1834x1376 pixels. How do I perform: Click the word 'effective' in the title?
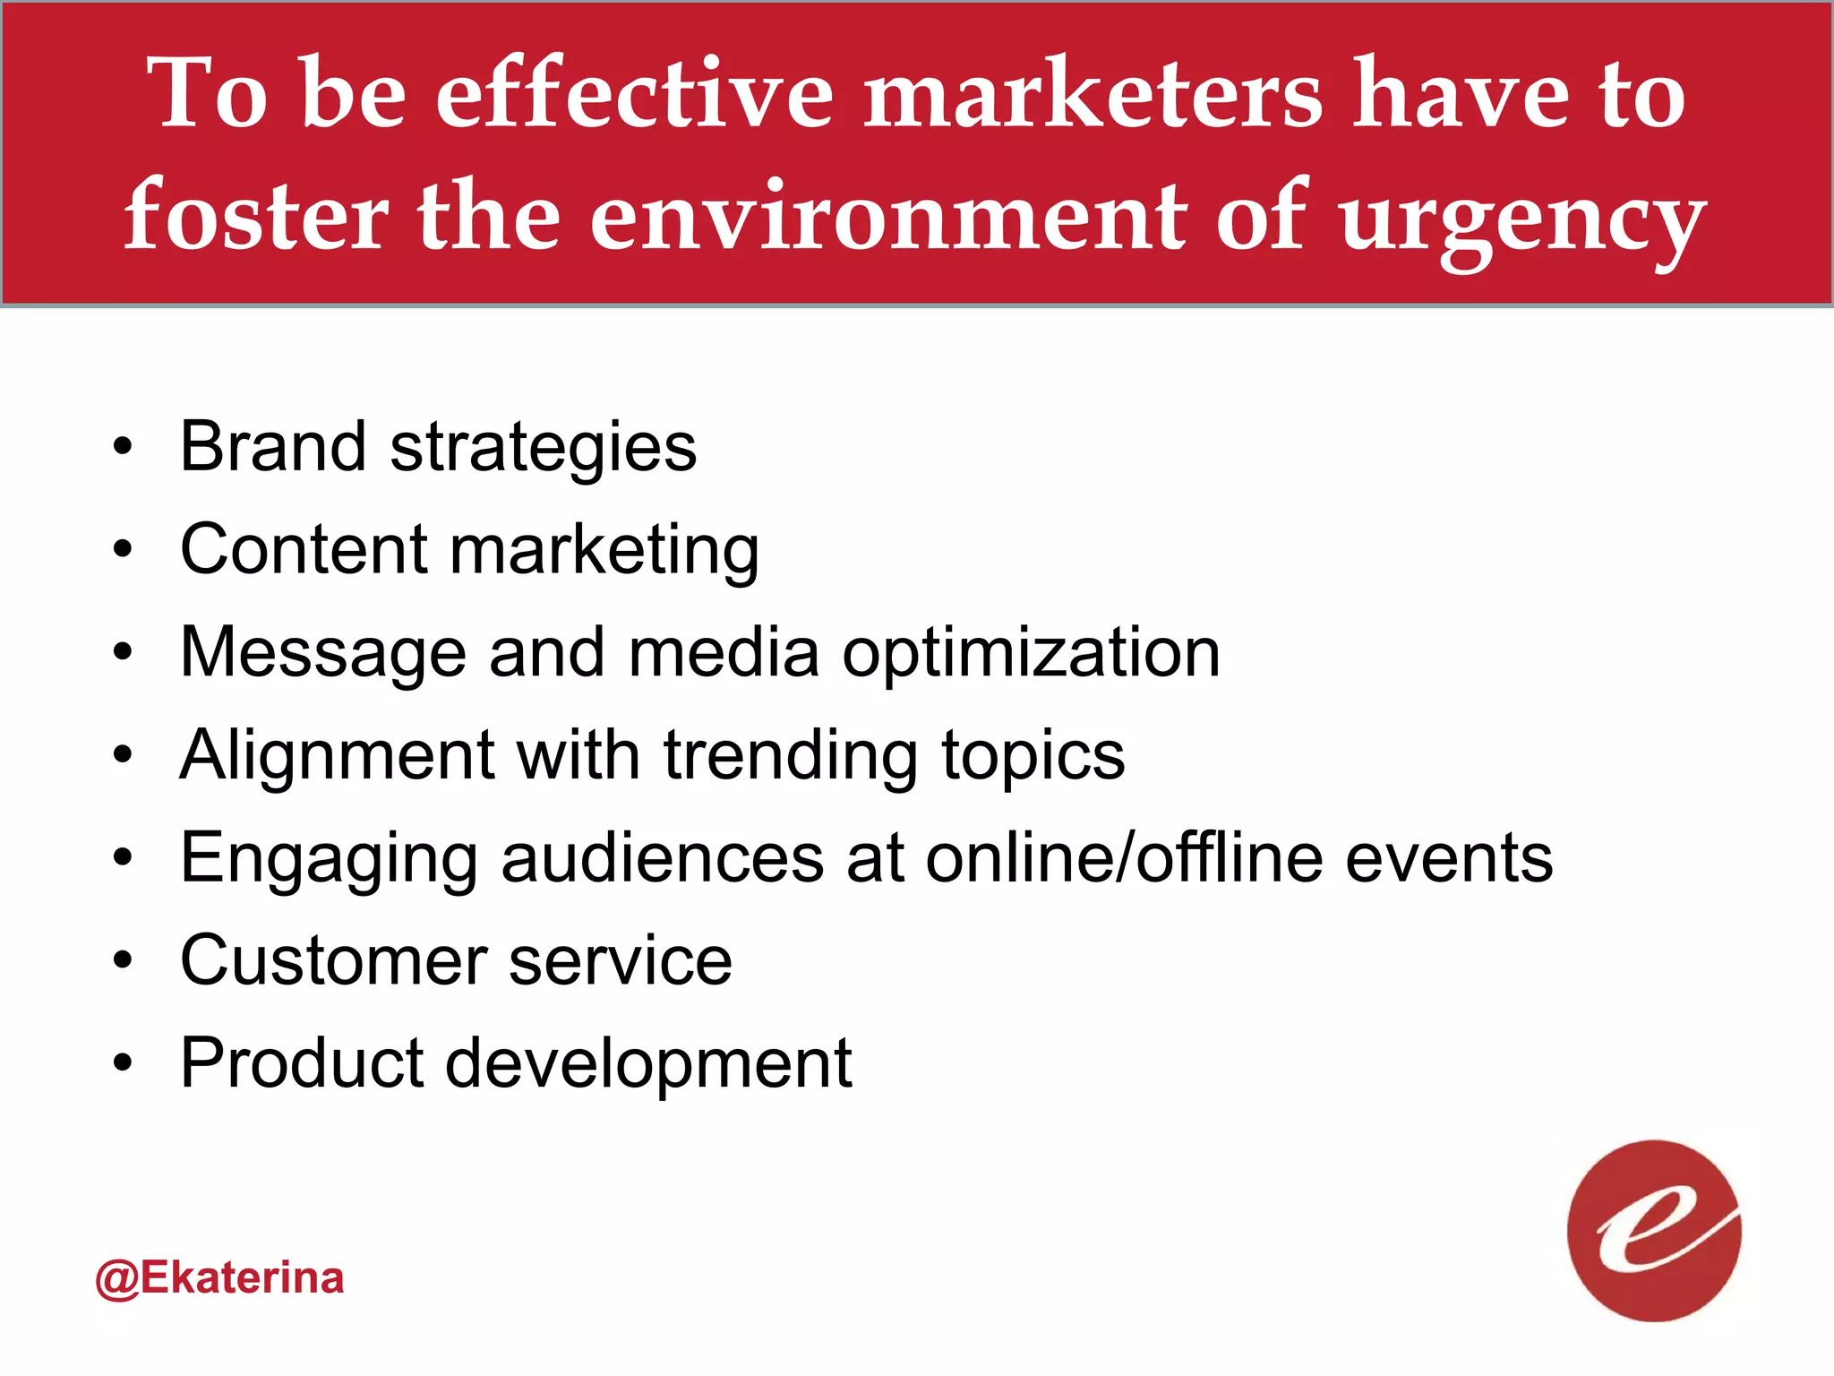(634, 93)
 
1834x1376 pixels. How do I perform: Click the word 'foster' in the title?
(256, 216)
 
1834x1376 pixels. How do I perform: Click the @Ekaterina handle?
(219, 1277)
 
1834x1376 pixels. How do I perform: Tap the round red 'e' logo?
(1653, 1231)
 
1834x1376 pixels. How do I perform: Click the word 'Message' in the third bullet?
(323, 655)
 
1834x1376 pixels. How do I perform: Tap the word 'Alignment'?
(337, 757)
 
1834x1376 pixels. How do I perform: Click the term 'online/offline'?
(1124, 857)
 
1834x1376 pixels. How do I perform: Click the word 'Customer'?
(332, 960)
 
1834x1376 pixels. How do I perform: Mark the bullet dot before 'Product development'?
(123, 1063)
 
